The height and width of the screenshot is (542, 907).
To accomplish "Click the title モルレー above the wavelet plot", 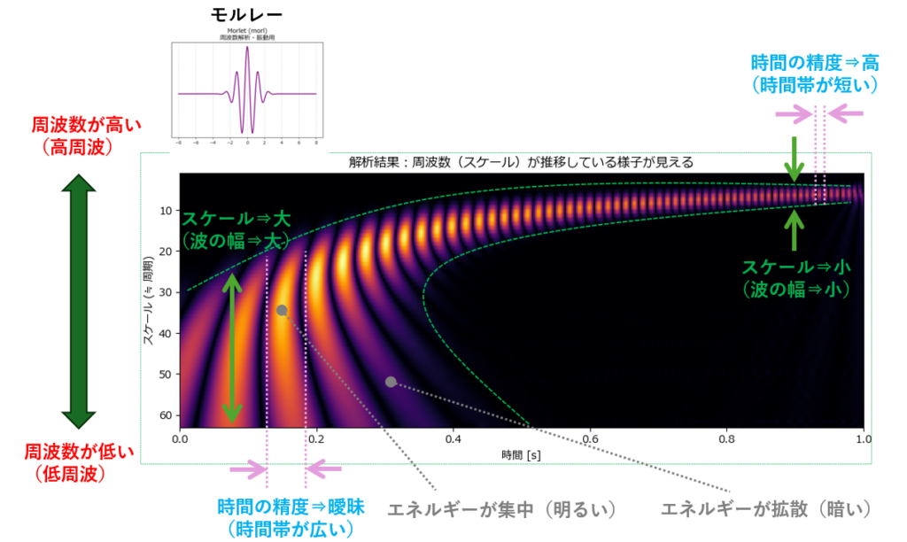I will pos(247,16).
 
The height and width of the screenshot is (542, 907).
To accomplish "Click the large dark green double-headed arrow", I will pos(78,300).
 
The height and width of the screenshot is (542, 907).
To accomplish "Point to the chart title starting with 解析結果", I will pos(522,162).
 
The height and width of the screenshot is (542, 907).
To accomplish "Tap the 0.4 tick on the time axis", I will pos(453,438).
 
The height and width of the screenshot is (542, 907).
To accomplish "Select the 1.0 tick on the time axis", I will pos(863,438).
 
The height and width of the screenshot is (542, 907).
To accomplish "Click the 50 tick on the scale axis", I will pos(166,375).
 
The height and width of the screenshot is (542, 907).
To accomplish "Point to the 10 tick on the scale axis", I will pos(166,211).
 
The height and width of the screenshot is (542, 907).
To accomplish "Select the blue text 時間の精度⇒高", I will pos(814,63).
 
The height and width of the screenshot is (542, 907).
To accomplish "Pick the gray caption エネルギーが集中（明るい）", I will pos(502,510).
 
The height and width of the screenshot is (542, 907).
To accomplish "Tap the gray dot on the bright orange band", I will pos(282,310).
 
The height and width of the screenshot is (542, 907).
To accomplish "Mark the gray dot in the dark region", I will pos(391,382).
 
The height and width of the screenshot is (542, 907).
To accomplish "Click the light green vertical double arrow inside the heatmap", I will pos(232,348).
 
